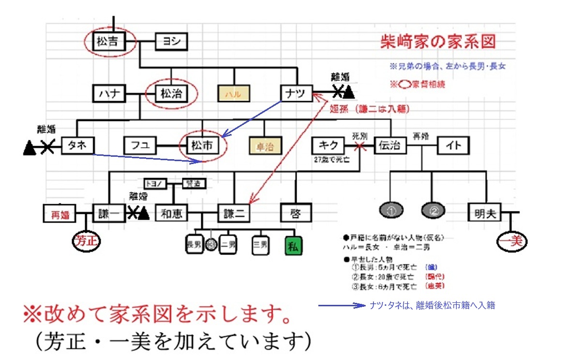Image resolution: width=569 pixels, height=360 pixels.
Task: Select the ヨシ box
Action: coord(171,42)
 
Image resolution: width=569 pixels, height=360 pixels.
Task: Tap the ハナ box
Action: coord(109,94)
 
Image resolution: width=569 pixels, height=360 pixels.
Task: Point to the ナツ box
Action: coord(296,94)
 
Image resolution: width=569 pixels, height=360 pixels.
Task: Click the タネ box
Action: coord(77,145)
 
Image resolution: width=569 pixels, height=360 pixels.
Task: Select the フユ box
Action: coord(140,145)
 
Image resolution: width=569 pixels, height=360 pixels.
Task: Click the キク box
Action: coord(328,145)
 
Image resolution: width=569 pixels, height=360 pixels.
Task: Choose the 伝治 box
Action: coord(389,145)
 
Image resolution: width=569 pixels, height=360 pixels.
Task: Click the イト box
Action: coord(453,146)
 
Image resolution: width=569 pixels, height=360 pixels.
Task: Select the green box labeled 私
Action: coord(294,246)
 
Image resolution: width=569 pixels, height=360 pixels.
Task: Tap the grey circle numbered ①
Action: coord(393,211)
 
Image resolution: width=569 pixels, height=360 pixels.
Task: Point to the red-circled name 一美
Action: coord(511,240)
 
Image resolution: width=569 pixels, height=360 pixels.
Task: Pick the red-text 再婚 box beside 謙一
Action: coord(61,213)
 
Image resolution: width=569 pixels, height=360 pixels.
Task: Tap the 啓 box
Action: coord(296,213)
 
